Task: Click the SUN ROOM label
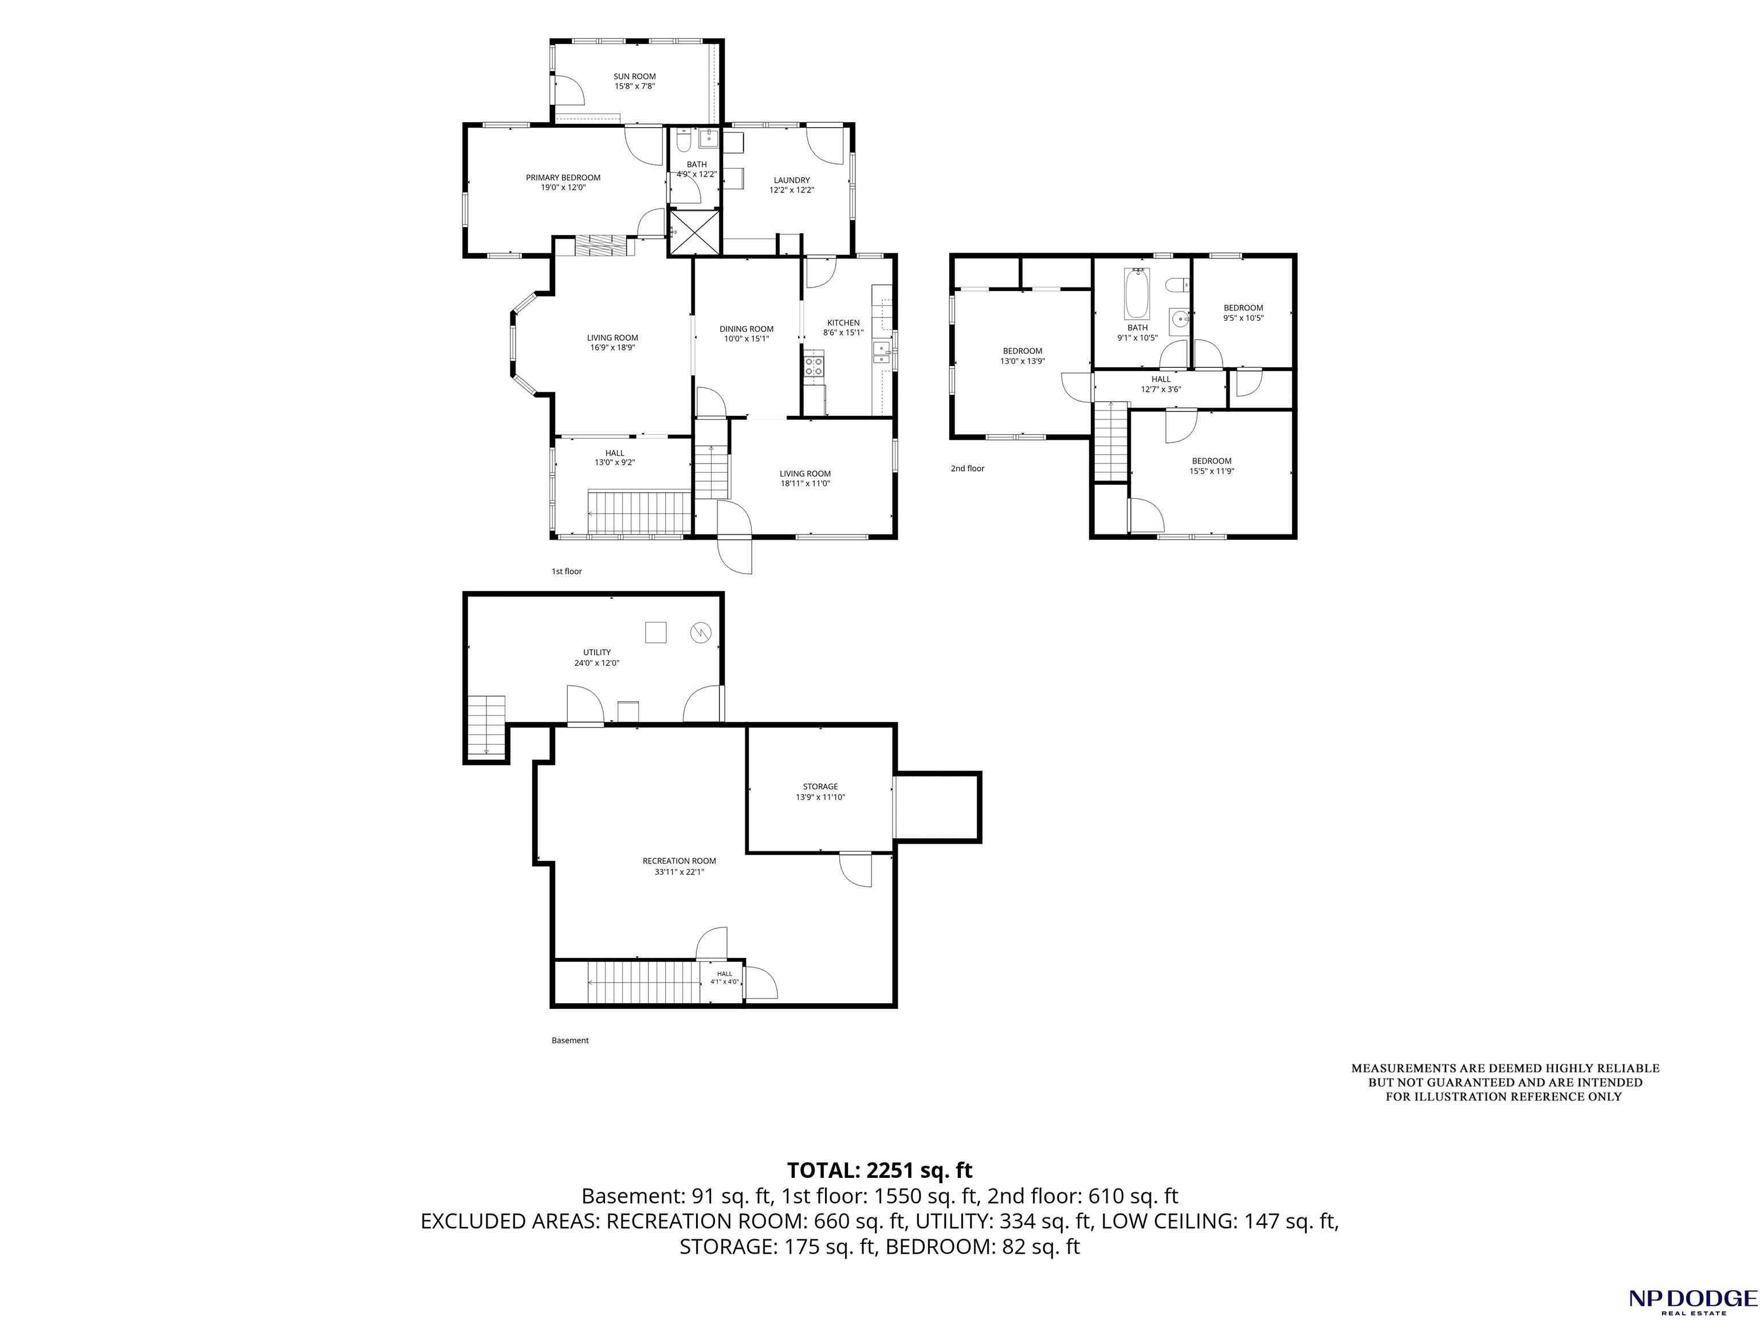coord(634,76)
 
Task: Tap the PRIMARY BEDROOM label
coord(563,178)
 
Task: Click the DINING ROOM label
coord(747,329)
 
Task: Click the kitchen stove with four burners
coord(814,367)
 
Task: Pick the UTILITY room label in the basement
coord(597,653)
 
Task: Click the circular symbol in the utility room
coord(700,632)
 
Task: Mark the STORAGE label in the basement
coord(820,786)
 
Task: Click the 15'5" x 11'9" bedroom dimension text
coord(1212,471)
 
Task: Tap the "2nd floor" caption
coord(968,469)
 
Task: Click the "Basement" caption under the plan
coord(569,1040)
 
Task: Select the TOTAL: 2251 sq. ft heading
coord(879,1170)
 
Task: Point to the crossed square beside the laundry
coord(694,231)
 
